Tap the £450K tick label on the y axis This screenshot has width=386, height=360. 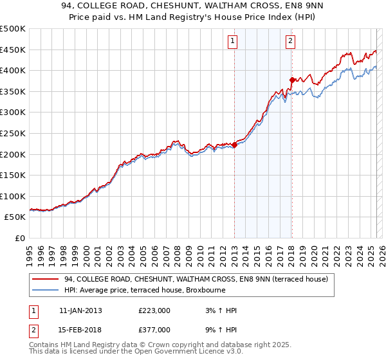click(x=13, y=50)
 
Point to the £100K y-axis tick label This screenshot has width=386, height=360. click(x=13, y=196)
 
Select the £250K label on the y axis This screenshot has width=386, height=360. click(x=13, y=133)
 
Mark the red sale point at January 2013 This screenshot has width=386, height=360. click(x=234, y=145)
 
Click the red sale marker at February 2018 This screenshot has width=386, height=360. click(x=292, y=80)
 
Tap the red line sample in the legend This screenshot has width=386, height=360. click(x=44, y=279)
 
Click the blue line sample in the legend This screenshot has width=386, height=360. click(x=44, y=290)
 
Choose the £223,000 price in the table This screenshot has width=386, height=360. click(x=154, y=310)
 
